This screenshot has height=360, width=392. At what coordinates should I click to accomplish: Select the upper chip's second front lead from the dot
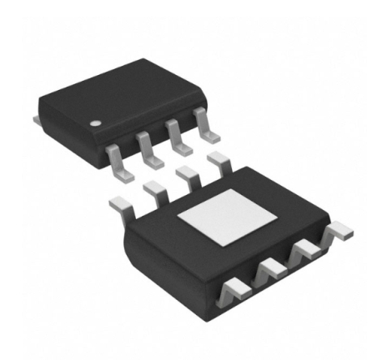[x=147, y=151]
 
